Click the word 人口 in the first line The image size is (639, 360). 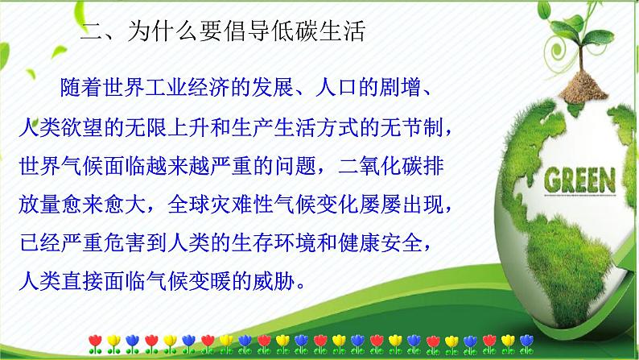coord(333,86)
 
